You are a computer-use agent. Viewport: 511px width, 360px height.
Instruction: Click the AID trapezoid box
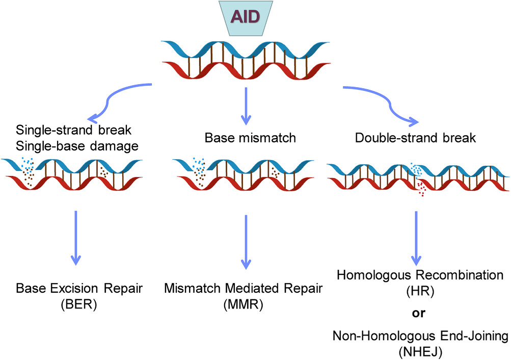click(246, 18)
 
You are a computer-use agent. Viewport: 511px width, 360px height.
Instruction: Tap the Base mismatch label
click(250, 138)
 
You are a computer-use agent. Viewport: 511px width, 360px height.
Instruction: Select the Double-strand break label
click(416, 138)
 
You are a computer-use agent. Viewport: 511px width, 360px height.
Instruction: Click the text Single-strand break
click(74, 130)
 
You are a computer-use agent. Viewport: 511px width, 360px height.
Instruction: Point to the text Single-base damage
click(77, 146)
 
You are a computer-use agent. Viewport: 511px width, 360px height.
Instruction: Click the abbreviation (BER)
click(79, 304)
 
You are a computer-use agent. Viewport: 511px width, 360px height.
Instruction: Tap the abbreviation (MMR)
click(244, 304)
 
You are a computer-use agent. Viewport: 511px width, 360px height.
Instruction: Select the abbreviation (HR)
click(420, 291)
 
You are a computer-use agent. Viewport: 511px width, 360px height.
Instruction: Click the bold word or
click(419, 313)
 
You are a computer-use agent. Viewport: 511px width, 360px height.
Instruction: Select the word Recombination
click(460, 275)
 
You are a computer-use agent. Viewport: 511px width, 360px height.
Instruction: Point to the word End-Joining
click(474, 336)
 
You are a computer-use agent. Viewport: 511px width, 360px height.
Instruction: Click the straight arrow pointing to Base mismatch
click(246, 106)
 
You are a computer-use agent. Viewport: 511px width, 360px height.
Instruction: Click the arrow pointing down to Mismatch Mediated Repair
click(246, 242)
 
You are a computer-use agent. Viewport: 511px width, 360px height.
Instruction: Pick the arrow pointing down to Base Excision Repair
click(75, 238)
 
